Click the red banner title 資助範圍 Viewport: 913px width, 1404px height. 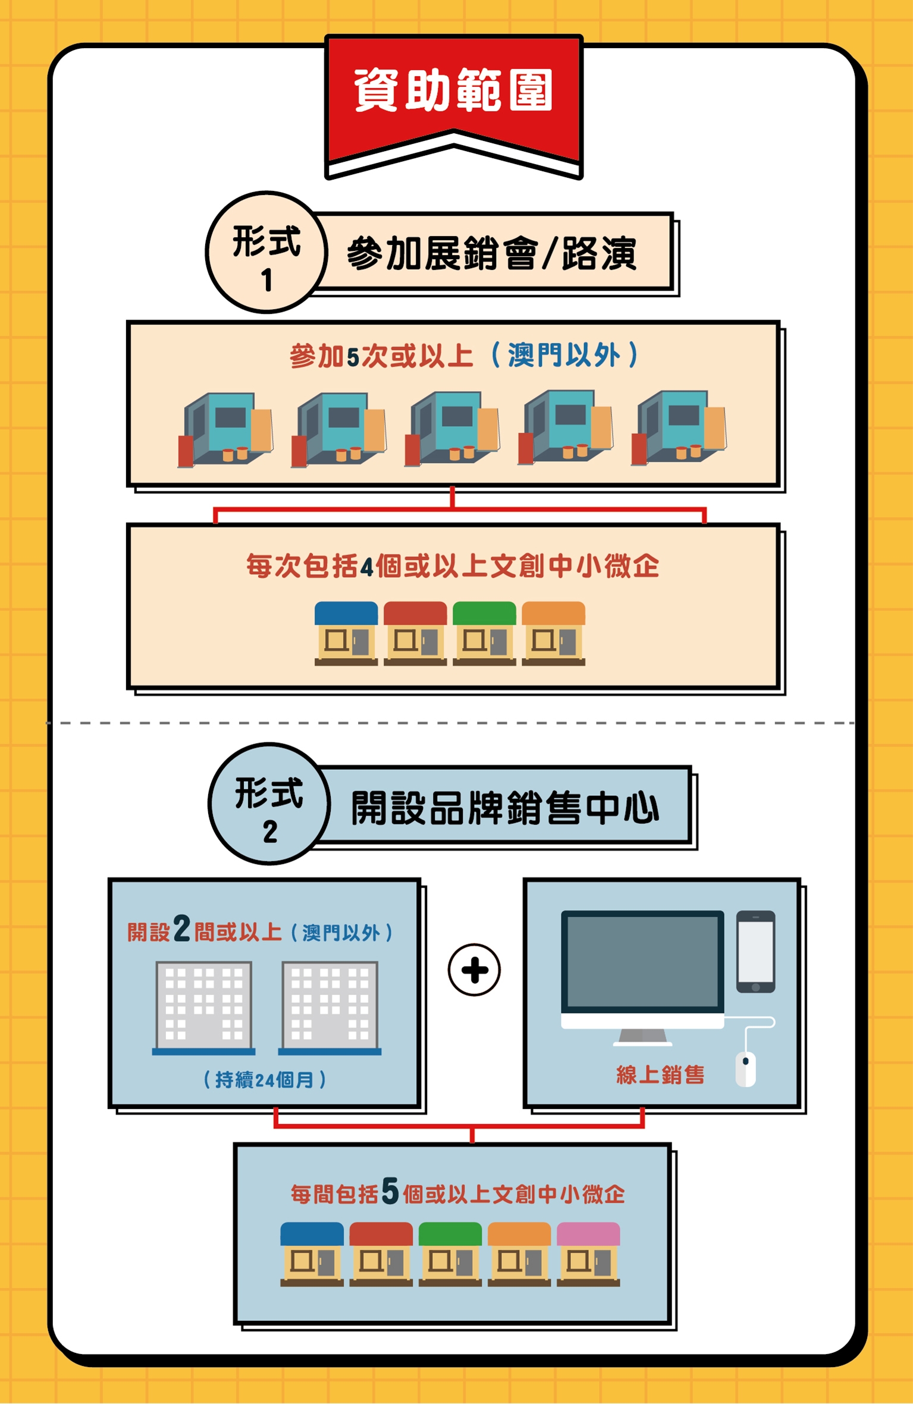[453, 90]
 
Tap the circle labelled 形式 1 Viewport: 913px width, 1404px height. [266, 252]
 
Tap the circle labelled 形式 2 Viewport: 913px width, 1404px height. [269, 803]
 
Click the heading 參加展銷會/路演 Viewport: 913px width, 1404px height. [491, 254]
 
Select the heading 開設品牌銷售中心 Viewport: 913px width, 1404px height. [504, 808]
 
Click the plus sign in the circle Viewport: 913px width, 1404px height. [474, 969]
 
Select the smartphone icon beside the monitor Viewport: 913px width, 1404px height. [755, 952]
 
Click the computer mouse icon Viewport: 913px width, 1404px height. [746, 1069]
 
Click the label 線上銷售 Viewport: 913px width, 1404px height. [660, 1075]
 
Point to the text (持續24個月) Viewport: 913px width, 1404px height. [264, 1079]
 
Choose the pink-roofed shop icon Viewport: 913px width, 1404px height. [588, 1254]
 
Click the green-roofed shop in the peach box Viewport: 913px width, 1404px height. [484, 633]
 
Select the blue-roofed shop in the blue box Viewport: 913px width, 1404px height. [312, 1254]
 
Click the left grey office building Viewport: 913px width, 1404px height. [203, 1008]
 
